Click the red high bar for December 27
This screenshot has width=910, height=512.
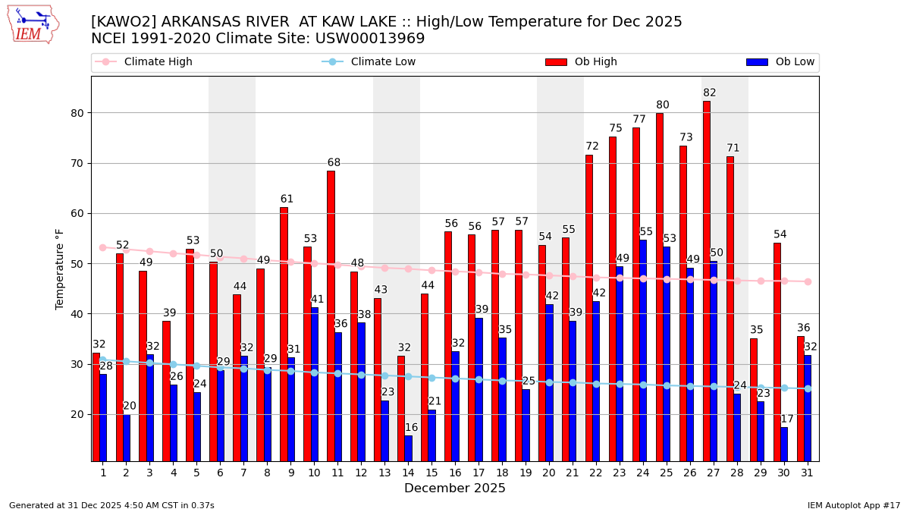click(x=706, y=281)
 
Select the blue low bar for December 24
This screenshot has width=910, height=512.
click(x=643, y=350)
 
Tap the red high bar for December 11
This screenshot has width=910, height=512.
click(x=331, y=316)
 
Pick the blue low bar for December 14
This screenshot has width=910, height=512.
click(x=409, y=448)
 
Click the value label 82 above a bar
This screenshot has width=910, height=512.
click(x=709, y=93)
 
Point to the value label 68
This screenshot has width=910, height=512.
click(x=334, y=163)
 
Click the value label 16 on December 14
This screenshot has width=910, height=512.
click(x=412, y=428)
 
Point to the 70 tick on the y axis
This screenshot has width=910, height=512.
click(x=77, y=163)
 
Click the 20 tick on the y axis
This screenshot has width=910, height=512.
click(x=77, y=414)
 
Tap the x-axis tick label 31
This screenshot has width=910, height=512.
click(x=807, y=473)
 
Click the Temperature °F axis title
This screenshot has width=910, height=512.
click(x=60, y=269)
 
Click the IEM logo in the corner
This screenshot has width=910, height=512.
click(x=33, y=24)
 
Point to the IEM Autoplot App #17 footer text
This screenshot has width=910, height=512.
click(x=853, y=505)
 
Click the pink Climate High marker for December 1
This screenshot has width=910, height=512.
click(x=102, y=247)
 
